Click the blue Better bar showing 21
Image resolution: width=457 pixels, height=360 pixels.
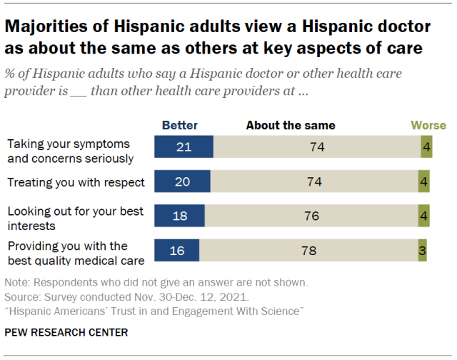[x=184, y=147]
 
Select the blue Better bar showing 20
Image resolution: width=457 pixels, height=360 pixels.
[x=183, y=181]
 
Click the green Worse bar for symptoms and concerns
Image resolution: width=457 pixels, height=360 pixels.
[x=426, y=147]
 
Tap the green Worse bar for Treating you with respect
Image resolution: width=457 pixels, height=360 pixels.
[x=424, y=181]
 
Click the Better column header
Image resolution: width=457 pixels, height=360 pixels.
[x=180, y=125]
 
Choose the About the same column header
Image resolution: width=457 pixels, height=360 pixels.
[x=291, y=125]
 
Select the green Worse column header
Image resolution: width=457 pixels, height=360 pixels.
[x=428, y=125]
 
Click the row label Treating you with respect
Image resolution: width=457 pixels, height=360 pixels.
[x=76, y=182]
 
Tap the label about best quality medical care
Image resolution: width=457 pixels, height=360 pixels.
[x=76, y=252]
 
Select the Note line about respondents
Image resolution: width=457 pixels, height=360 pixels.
[x=156, y=281]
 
